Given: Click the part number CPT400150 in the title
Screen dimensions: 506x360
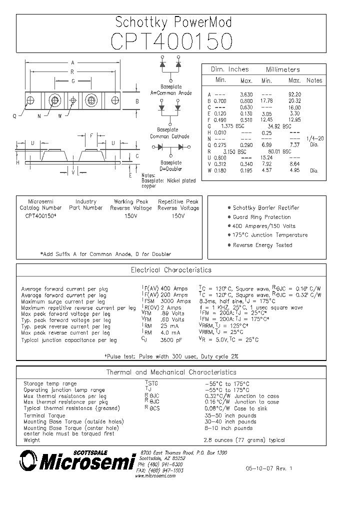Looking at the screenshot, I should pyautogui.click(x=172, y=41).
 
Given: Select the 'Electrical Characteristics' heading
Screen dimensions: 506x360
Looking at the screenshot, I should pyautogui.click(x=171, y=270).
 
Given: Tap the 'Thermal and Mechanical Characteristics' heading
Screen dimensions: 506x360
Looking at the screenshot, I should pyautogui.click(x=171, y=372).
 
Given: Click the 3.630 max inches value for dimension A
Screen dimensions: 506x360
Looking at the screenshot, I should pyautogui.click(x=246, y=94).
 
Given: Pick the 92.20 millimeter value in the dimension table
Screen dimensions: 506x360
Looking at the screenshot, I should pyautogui.click(x=295, y=94).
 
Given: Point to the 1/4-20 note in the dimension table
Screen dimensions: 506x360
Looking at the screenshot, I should pyautogui.click(x=313, y=138).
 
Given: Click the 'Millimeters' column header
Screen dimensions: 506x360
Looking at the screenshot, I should pyautogui.click(x=282, y=69).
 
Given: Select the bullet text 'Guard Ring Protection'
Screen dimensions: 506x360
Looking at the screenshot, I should pyautogui.click(x=261, y=217).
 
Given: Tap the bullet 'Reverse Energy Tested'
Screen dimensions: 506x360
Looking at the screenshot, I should pyautogui.click(x=262, y=245).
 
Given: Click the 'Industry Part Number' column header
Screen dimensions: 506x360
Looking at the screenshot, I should pyautogui.click(x=86, y=204).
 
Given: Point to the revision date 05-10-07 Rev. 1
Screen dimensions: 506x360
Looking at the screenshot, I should pyautogui.click(x=268, y=469).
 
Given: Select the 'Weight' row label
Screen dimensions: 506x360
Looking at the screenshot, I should pyautogui.click(x=31, y=440).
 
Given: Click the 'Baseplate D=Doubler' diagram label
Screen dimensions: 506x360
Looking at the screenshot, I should pyautogui.click(x=171, y=165).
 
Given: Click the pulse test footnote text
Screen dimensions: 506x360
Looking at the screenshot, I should pyautogui.click(x=171, y=356).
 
